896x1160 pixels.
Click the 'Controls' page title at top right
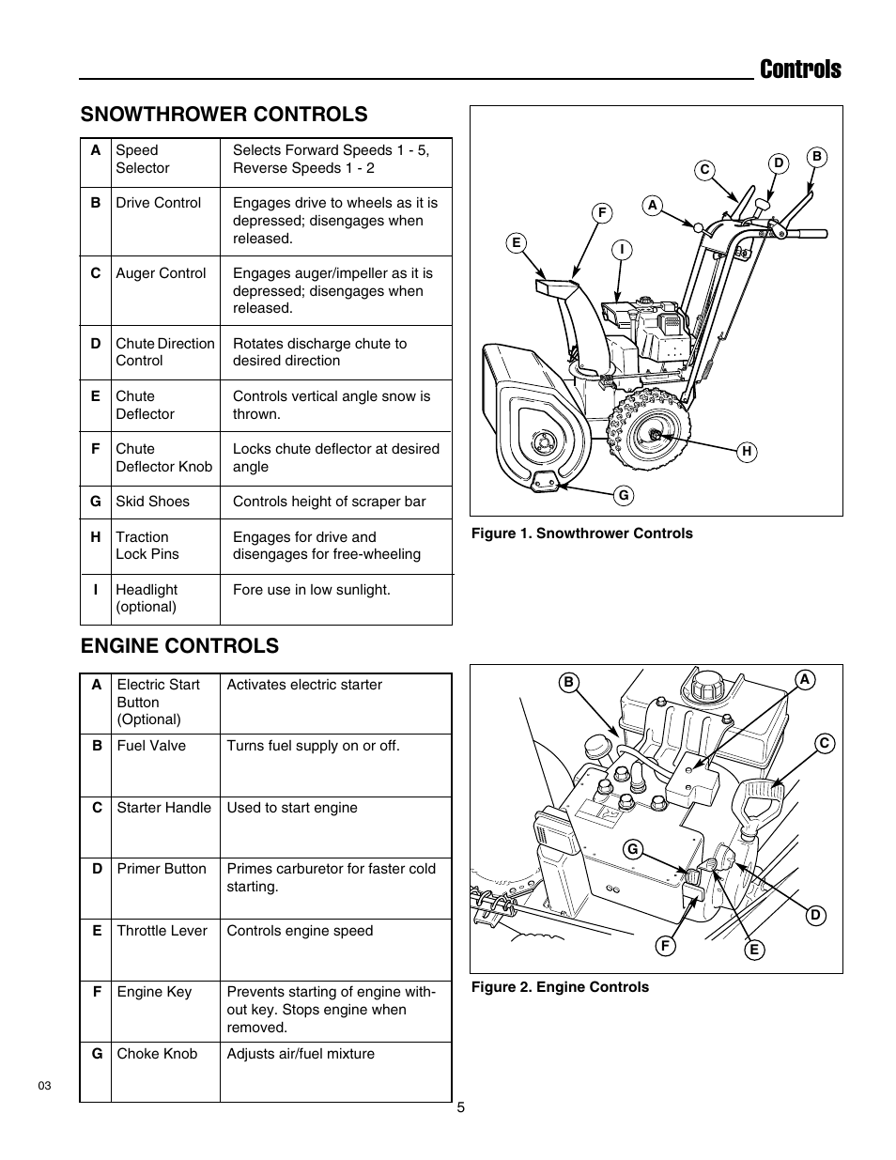[800, 69]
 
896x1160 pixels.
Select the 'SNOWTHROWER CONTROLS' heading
[224, 114]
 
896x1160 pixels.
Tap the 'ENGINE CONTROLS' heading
[179, 645]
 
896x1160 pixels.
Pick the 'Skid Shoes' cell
[152, 502]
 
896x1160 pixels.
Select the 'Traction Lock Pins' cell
[147, 546]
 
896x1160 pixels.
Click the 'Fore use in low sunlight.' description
[311, 590]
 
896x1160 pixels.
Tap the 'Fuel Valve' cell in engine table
[151, 746]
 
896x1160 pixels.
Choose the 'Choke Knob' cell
[157, 1054]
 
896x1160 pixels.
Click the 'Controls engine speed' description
[300, 931]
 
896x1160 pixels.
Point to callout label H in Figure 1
[747, 452]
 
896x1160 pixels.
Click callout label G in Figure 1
[623, 495]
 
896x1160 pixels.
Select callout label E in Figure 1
[515, 243]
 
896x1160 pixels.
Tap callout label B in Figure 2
[567, 683]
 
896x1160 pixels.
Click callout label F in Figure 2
[665, 946]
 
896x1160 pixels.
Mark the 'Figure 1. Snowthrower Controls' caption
[581, 534]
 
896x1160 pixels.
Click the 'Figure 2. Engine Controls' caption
[560, 987]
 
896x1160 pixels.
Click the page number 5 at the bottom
[460, 1107]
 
